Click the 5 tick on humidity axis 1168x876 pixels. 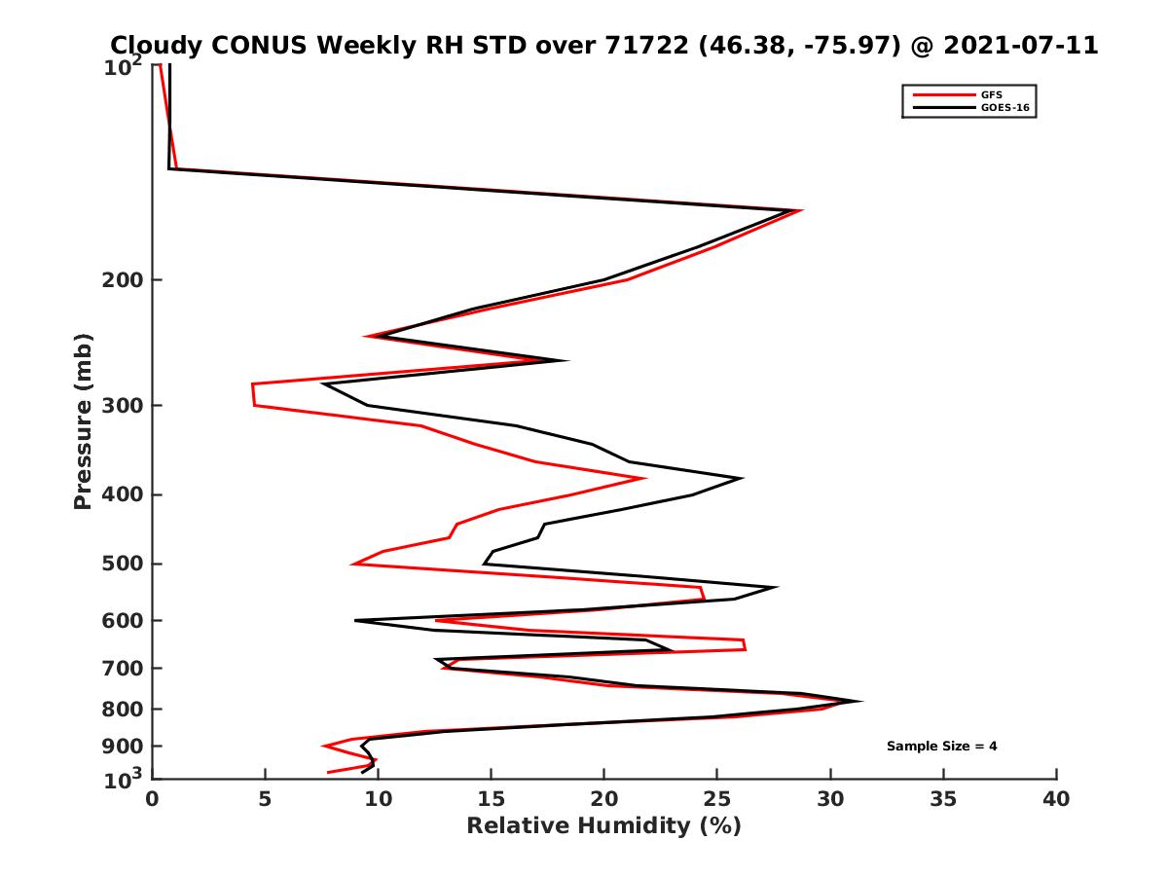tap(265, 799)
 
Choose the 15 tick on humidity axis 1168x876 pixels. tap(491, 799)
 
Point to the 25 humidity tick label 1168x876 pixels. tap(717, 799)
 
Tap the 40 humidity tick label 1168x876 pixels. tap(1056, 799)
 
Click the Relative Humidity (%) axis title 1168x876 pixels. tap(603, 826)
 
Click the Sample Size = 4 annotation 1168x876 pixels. tap(941, 747)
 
